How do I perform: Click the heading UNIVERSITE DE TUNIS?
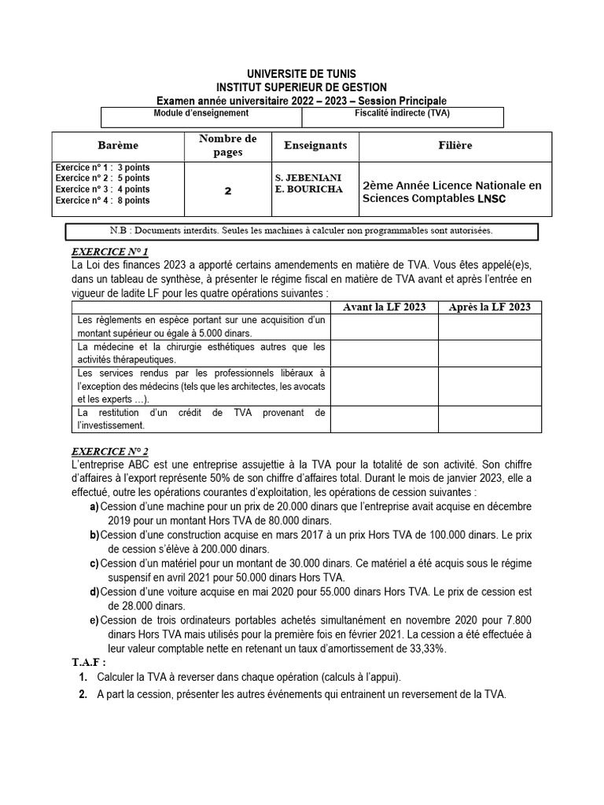[302, 74]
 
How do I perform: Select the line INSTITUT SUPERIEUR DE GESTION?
[302, 87]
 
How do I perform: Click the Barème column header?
[118, 146]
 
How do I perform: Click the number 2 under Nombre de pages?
[228, 190]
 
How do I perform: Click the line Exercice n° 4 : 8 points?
[102, 201]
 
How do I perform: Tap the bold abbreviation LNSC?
[492, 199]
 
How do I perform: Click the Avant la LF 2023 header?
[385, 307]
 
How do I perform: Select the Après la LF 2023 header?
[489, 307]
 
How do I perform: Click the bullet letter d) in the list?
[94, 592]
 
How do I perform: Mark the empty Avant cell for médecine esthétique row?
[385, 353]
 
